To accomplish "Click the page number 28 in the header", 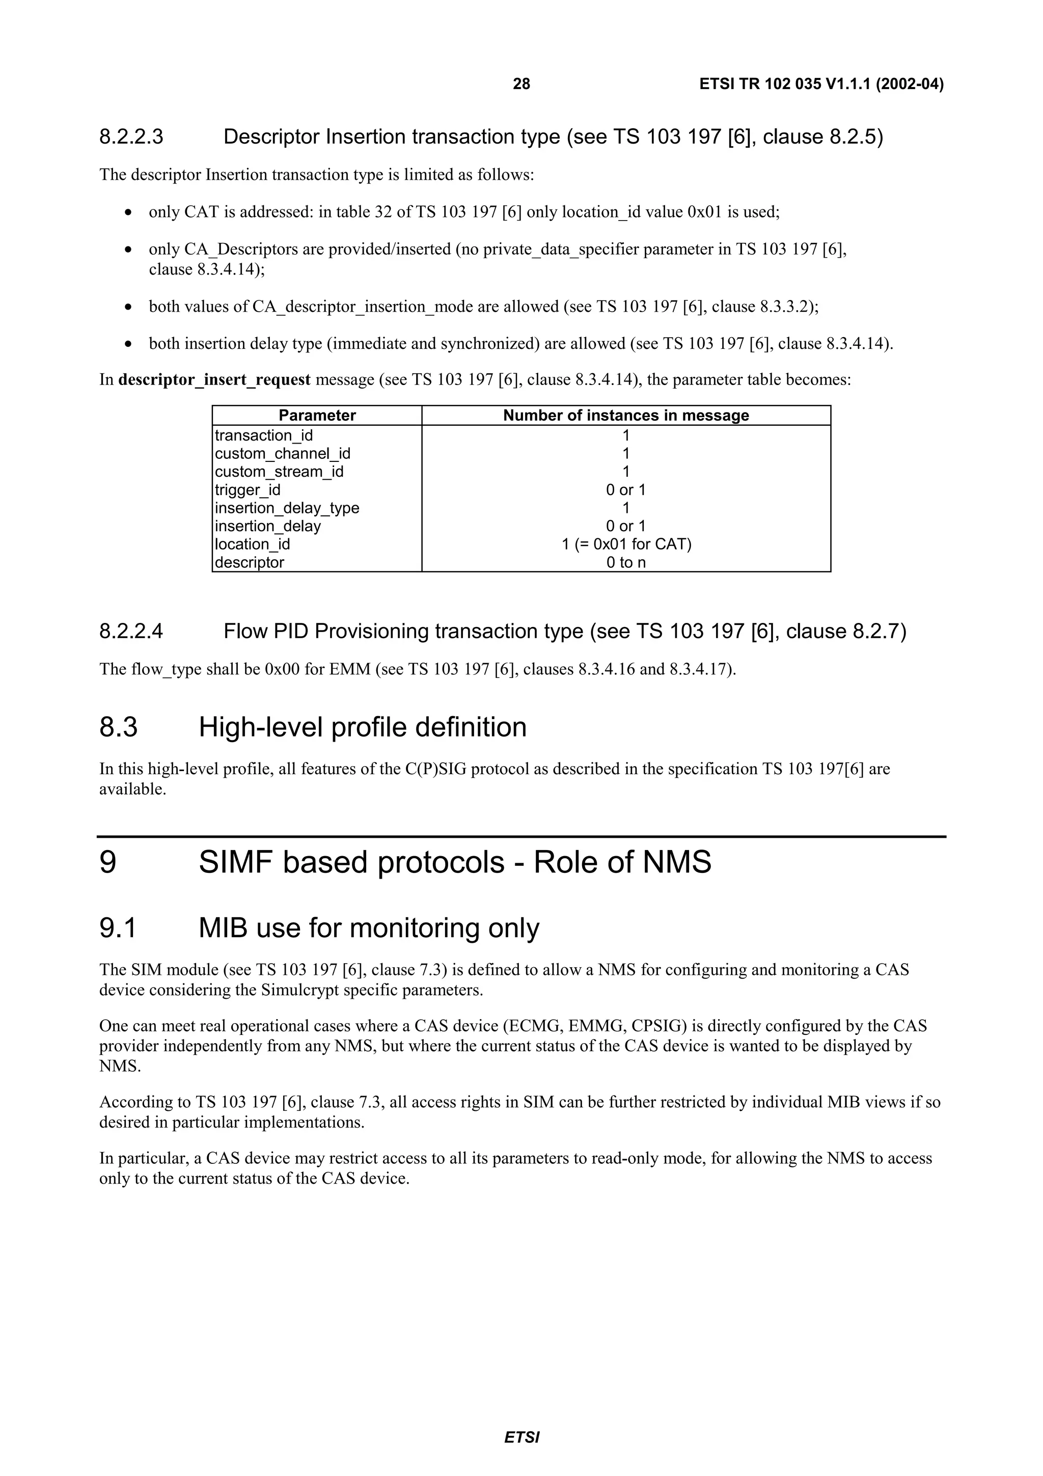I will [x=521, y=84].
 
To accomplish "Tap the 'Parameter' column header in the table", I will [x=317, y=415].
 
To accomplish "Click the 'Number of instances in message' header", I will [x=625, y=415].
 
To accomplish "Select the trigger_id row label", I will [x=248, y=490].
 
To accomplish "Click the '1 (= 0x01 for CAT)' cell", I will [x=626, y=544].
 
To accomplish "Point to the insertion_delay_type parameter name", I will [x=287, y=508].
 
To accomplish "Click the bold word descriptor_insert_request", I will [x=214, y=380].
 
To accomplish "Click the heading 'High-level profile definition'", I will [x=363, y=727].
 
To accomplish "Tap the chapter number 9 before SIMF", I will [x=108, y=862].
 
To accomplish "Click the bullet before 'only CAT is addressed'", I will [x=129, y=212].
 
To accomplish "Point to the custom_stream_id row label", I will [x=279, y=472].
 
